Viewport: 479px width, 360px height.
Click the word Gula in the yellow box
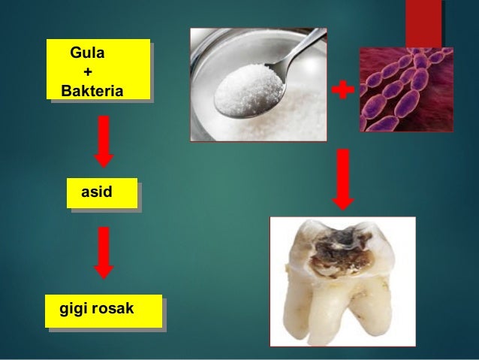(87, 54)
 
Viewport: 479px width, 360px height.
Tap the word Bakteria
(92, 92)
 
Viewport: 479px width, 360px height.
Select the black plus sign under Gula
(89, 73)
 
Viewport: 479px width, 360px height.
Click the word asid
(101, 192)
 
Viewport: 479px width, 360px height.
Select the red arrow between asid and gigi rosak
(104, 253)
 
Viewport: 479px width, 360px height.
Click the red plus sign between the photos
(342, 91)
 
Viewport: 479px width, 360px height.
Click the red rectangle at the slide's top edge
(423, 23)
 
